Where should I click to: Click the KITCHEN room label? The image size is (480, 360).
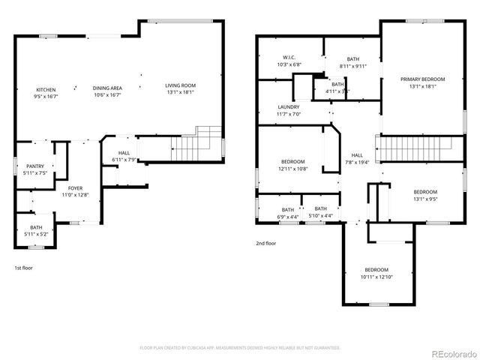pyautogui.click(x=45, y=88)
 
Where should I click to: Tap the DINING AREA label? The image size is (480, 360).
pyautogui.click(x=107, y=88)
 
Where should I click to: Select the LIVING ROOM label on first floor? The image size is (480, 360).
pyautogui.click(x=180, y=85)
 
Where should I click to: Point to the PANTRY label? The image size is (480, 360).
pyautogui.click(x=35, y=166)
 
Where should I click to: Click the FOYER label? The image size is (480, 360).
pyautogui.click(x=76, y=188)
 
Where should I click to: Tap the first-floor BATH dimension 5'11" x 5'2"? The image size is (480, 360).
pyautogui.click(x=36, y=234)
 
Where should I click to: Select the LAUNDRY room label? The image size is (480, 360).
pyautogui.click(x=289, y=107)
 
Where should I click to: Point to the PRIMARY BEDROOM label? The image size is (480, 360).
pyautogui.click(x=422, y=79)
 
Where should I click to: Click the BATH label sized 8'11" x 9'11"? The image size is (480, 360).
pyautogui.click(x=352, y=66)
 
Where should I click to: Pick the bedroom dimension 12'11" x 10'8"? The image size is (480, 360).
pyautogui.click(x=293, y=169)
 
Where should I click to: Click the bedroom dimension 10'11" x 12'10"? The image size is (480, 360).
pyautogui.click(x=376, y=277)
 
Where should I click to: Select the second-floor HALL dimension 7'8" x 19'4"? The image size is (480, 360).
pyautogui.click(x=357, y=162)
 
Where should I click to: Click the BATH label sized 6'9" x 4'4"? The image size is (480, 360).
pyautogui.click(x=288, y=217)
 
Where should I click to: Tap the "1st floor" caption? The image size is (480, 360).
pyautogui.click(x=24, y=268)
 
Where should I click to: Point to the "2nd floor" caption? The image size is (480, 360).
pyautogui.click(x=266, y=243)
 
